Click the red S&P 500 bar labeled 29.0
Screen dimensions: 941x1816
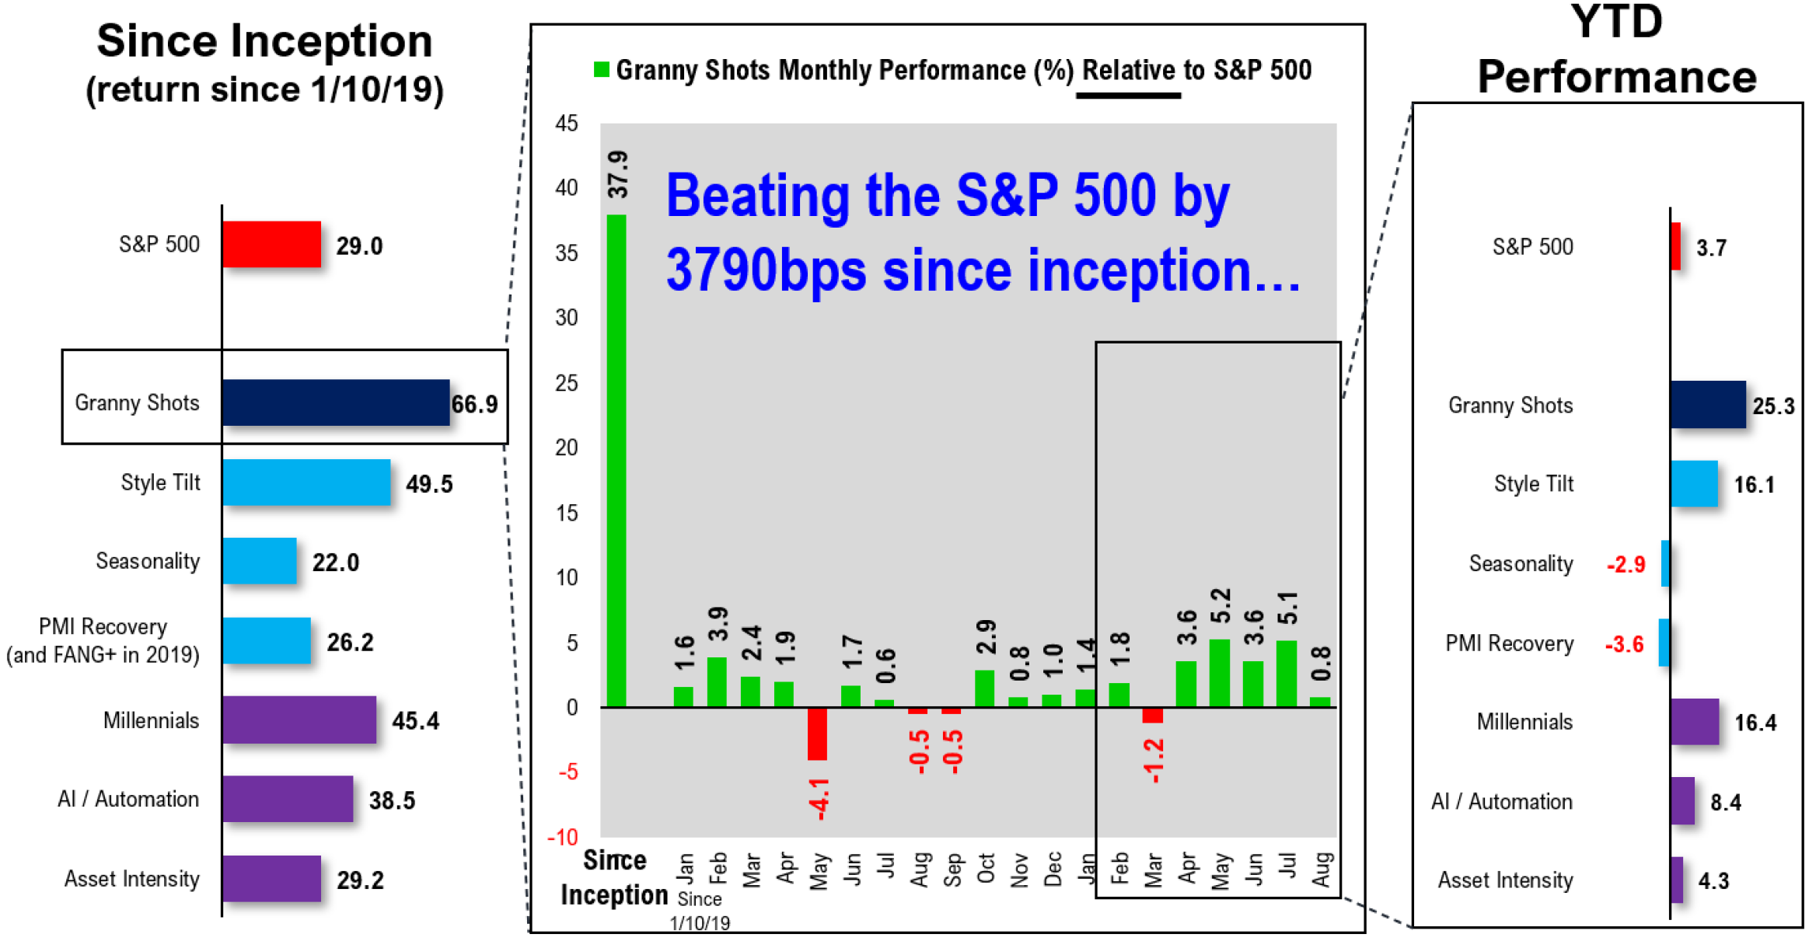pos(271,244)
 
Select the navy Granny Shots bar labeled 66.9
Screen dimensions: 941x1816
pos(335,403)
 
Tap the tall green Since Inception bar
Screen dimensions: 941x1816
pos(616,460)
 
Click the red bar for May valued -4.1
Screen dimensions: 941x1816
pos(817,734)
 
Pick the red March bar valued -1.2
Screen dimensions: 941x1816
pos(1152,715)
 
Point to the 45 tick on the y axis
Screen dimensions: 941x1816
pos(567,124)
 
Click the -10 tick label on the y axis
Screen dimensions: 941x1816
pos(564,837)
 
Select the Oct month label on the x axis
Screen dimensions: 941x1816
pos(986,868)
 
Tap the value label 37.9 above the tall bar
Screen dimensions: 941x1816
pos(618,175)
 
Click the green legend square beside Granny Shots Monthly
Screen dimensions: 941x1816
pos(601,70)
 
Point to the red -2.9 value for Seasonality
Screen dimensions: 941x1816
pos(1626,564)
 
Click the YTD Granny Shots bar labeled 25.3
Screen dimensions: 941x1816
pos(1707,404)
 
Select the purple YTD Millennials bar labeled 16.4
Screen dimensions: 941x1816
pos(1694,722)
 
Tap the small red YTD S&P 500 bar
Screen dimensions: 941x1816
pos(1675,246)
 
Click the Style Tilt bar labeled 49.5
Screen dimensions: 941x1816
pos(306,483)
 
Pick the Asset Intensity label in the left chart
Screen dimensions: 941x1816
pos(131,879)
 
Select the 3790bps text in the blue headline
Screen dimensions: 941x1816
pos(766,270)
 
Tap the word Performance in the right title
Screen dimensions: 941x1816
pos(1616,77)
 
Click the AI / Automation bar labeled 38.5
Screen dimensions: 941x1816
pos(288,799)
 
